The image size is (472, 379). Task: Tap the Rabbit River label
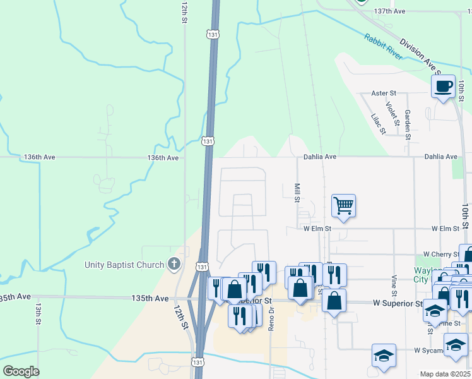point(383,47)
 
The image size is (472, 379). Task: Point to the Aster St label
point(382,93)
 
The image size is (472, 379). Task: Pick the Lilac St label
point(378,124)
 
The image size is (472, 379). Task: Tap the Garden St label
point(408,124)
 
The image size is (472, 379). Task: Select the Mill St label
point(297,193)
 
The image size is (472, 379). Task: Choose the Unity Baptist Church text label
point(125,265)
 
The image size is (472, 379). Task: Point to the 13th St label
point(38,314)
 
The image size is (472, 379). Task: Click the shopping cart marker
point(343,205)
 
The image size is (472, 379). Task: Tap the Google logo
point(21,371)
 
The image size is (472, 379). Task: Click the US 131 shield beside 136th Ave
point(208,141)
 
